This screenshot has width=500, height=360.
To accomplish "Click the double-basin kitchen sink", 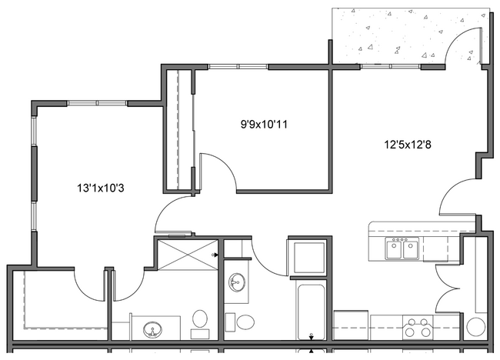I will (402, 248).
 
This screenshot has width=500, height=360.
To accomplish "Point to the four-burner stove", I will (420, 328).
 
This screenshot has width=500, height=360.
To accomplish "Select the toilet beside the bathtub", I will (246, 321).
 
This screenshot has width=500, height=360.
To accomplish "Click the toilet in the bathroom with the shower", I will (201, 319).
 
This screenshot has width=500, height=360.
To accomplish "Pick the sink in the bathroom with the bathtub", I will (236, 282).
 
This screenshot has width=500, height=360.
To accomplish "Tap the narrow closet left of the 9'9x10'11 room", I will (178, 131).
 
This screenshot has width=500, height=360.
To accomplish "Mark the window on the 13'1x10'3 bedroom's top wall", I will (98, 102).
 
